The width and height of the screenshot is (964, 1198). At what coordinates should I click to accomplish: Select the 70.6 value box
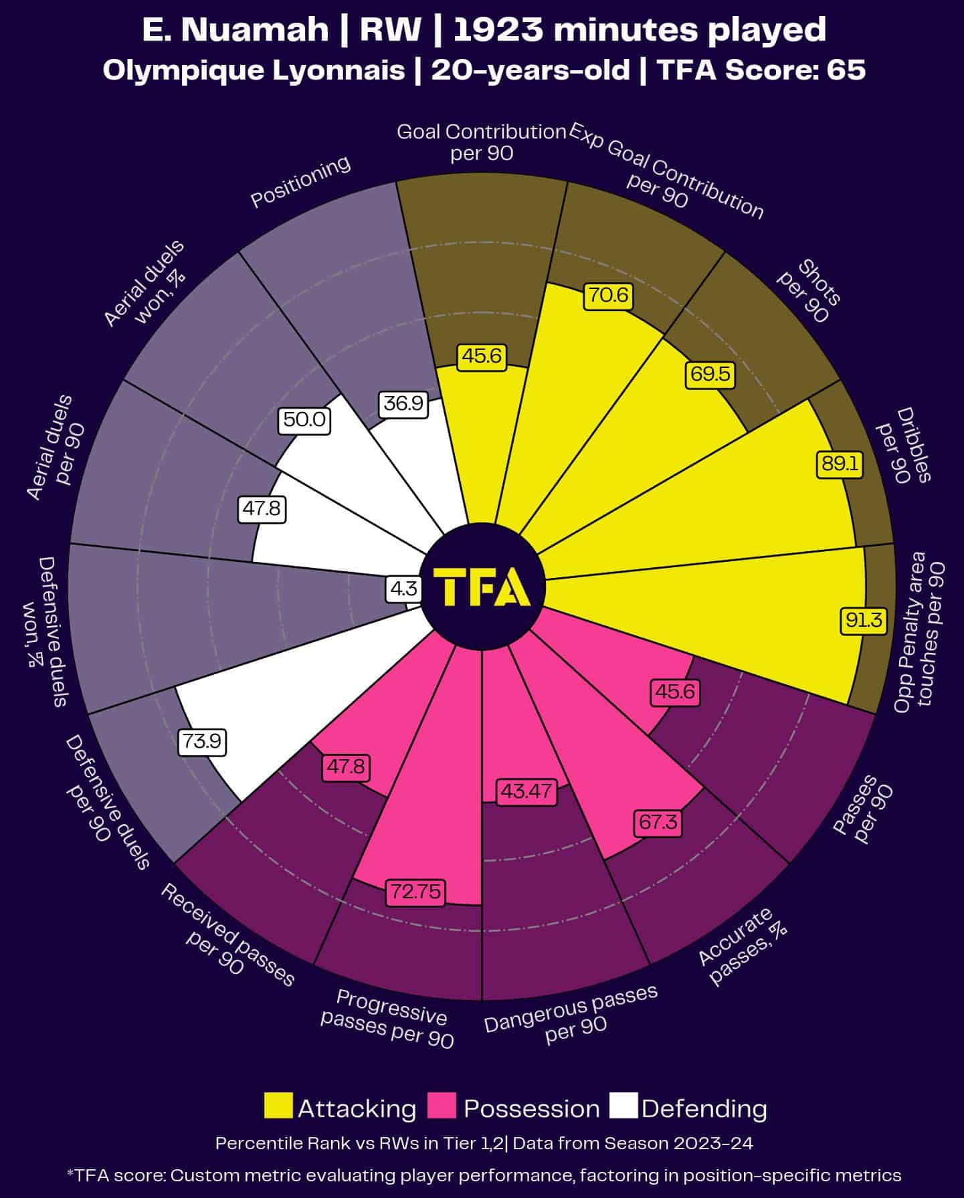pyautogui.click(x=608, y=295)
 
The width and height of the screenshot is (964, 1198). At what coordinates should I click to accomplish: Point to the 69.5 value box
pyautogui.click(x=710, y=374)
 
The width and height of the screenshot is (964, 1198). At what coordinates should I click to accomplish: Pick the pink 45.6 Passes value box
pyautogui.click(x=675, y=692)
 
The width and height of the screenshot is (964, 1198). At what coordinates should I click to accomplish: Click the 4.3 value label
pyautogui.click(x=403, y=589)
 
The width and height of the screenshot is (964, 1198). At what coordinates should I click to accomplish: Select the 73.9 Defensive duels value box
pyautogui.click(x=202, y=742)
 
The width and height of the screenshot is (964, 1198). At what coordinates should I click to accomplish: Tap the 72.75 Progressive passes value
pyautogui.click(x=415, y=892)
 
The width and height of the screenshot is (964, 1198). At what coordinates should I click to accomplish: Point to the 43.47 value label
pyautogui.click(x=526, y=791)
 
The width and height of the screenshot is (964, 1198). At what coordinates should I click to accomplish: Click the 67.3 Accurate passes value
pyautogui.click(x=658, y=822)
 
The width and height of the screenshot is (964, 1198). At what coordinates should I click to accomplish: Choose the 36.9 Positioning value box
pyautogui.click(x=403, y=403)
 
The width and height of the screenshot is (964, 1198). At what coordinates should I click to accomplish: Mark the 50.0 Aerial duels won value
pyautogui.click(x=304, y=420)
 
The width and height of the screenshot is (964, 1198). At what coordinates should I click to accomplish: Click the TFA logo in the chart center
pyautogui.click(x=482, y=587)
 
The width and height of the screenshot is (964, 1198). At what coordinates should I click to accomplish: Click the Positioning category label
pyautogui.click(x=300, y=182)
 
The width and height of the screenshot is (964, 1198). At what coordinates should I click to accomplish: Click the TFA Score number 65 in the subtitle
pyautogui.click(x=846, y=70)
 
